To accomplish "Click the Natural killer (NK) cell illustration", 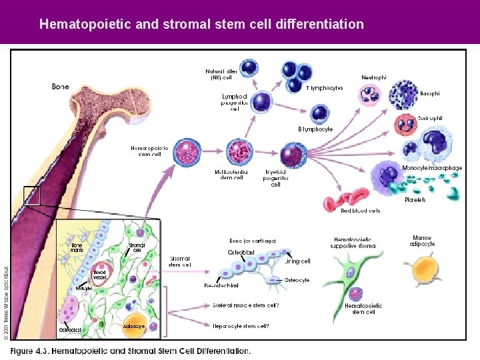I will tap(249, 67).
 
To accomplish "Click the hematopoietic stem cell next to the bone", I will tap(187, 153).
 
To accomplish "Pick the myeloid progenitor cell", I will tap(291, 155).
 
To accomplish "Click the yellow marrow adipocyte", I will tap(424, 270).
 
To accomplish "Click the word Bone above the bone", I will tap(61, 86).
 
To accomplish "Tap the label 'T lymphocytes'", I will tap(325, 88).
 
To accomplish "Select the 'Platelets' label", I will tap(415, 199).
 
